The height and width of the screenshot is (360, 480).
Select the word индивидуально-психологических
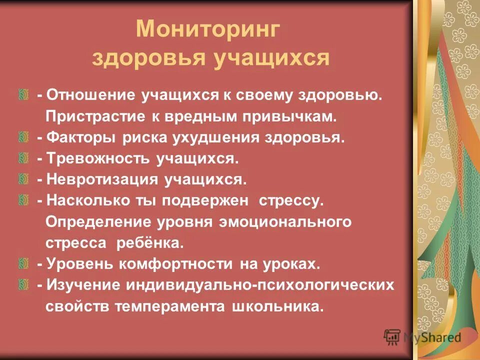pyautogui.click(x=259, y=285)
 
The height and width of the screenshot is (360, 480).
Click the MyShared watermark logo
pyautogui.click(x=422, y=336)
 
